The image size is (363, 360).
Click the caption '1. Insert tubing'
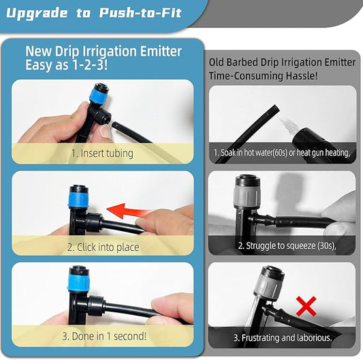102,153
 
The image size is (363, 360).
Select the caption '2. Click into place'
103,247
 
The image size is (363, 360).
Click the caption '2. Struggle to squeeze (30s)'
287,245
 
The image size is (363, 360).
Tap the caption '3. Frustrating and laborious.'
283,337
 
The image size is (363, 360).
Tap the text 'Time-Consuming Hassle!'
263,76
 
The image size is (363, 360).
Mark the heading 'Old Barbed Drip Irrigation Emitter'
282,62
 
